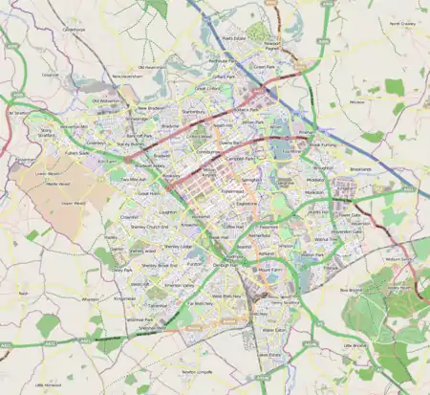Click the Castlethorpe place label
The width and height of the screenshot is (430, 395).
[x=74, y=29]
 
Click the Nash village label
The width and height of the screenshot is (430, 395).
[x=23, y=293]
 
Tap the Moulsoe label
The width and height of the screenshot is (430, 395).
[x=357, y=100]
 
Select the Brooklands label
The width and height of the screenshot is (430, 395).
[x=360, y=168]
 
